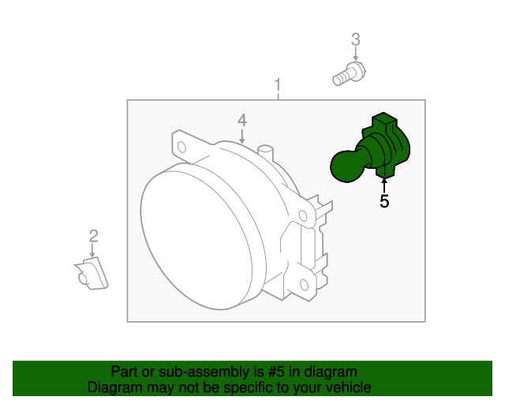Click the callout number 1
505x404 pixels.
(278, 85)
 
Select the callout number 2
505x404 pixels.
(93, 236)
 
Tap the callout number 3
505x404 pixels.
(356, 39)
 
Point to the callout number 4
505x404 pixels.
(242, 120)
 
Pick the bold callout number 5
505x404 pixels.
(384, 201)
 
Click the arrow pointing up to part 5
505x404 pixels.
(384, 186)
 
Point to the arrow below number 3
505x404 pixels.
(356, 54)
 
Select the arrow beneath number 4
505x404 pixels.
(242, 136)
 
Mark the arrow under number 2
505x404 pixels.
(92, 250)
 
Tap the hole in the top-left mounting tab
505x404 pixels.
(181, 148)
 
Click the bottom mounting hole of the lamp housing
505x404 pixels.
(304, 285)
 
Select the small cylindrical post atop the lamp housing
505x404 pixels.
(265, 153)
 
